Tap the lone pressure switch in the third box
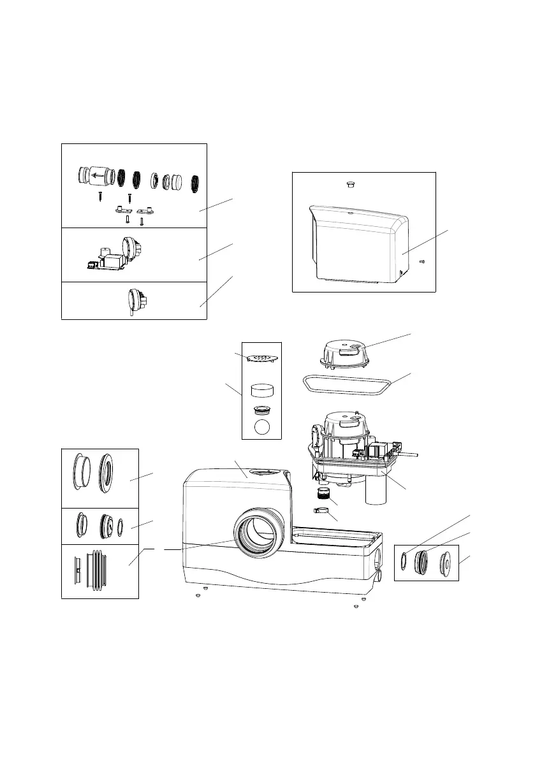[x=138, y=298]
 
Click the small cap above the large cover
[x=349, y=184]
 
